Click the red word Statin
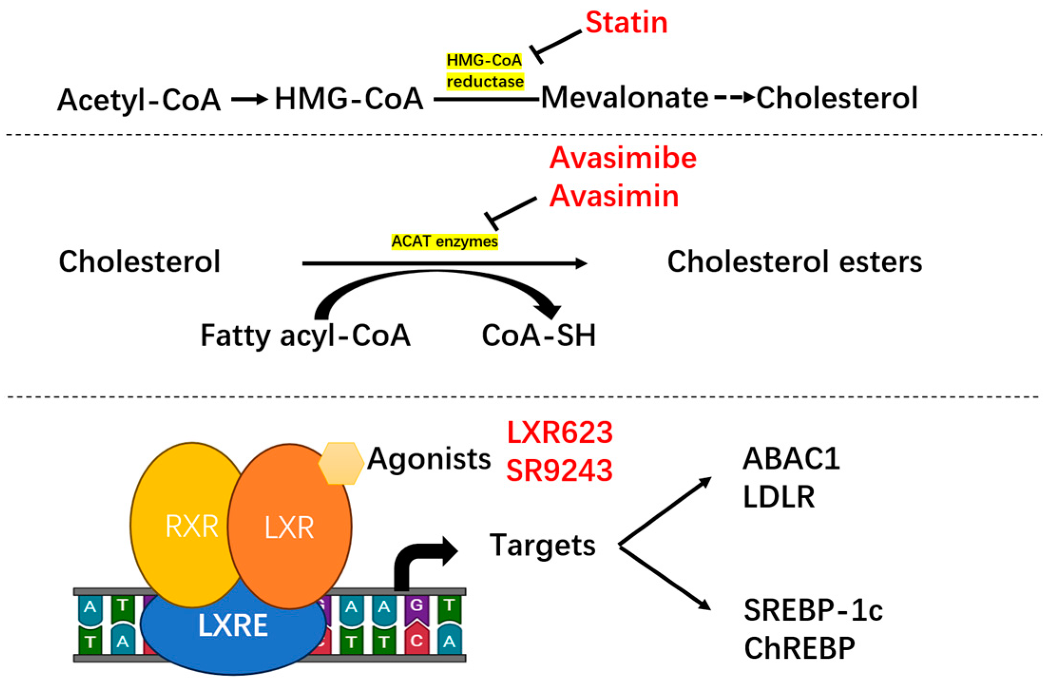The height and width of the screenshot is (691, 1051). click(626, 22)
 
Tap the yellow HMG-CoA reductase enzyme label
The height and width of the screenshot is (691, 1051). click(485, 71)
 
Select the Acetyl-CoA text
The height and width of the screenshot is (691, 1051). click(139, 100)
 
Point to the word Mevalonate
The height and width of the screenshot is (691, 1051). click(625, 98)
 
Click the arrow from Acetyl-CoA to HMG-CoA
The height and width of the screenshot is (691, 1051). click(249, 99)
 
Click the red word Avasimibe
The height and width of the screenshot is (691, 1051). click(622, 158)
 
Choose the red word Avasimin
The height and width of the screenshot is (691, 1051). click(614, 196)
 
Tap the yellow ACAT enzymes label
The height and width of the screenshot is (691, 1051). click(444, 241)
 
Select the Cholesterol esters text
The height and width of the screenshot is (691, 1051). click(794, 262)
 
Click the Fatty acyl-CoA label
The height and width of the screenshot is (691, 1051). click(305, 335)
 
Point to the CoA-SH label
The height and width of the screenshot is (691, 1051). click(538, 335)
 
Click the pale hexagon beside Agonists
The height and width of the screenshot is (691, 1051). click(340, 463)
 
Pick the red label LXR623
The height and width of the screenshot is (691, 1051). click(559, 432)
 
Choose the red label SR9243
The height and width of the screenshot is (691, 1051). click(559, 471)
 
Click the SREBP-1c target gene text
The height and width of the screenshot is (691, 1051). click(813, 610)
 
